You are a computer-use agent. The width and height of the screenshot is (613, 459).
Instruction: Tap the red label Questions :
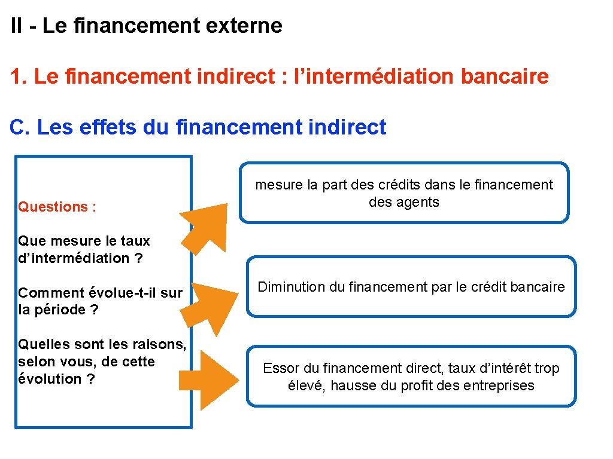coord(57,207)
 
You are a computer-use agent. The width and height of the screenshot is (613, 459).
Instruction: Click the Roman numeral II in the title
coord(17,26)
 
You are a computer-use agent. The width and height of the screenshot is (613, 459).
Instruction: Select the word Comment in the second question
coord(51,292)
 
